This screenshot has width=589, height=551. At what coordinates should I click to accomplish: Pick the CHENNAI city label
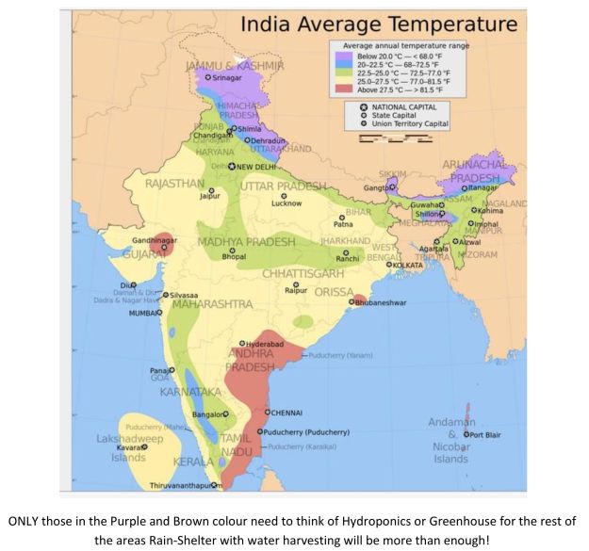288,413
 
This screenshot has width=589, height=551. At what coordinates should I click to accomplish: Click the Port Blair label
490,435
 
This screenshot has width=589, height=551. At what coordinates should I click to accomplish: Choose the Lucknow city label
286,203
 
